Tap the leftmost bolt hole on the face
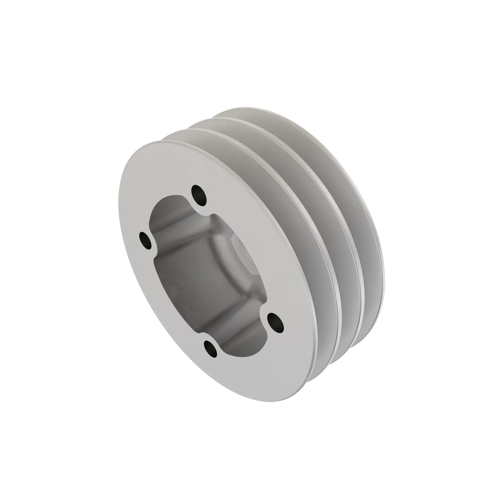[146, 240]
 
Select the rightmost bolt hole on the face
[275, 323]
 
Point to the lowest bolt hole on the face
[211, 348]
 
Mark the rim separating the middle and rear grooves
[348, 234]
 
